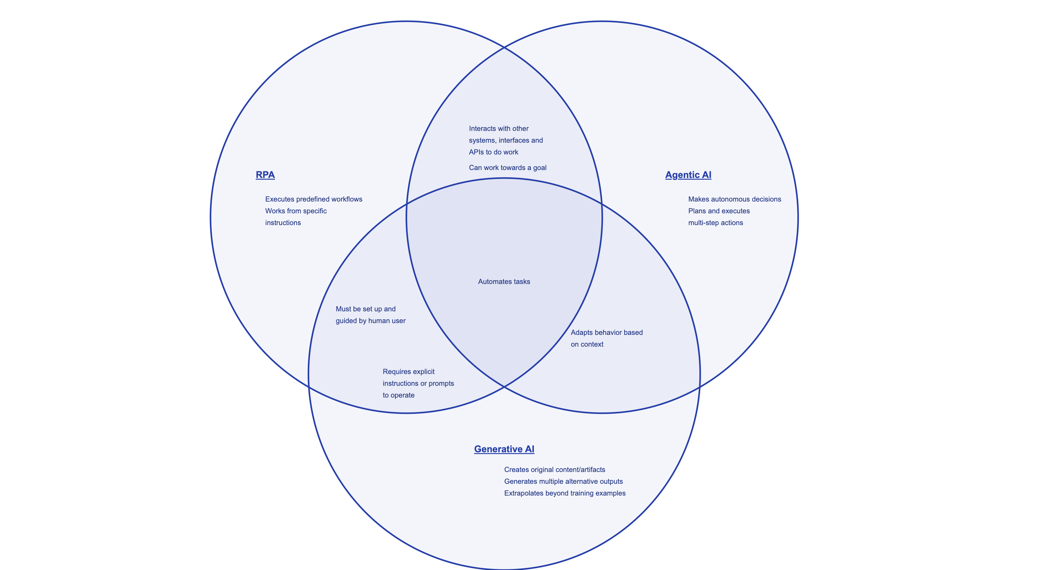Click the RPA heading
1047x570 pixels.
pos(265,175)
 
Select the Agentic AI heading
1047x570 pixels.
pos(688,175)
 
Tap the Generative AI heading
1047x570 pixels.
pos(504,449)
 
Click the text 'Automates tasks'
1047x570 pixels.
pos(504,281)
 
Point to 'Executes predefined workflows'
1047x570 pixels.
pos(313,199)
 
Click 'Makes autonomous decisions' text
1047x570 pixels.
pos(734,199)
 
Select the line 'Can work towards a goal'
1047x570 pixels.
pos(508,168)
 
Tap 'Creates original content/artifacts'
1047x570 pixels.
pos(554,470)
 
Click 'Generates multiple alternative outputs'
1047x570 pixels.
pos(563,481)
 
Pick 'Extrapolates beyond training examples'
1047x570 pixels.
pos(565,493)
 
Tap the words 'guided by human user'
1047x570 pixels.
pos(370,321)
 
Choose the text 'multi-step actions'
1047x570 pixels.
pos(715,223)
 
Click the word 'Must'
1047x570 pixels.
pos(343,309)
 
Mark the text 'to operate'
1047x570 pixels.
pos(398,395)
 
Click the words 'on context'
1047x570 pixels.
pos(587,344)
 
